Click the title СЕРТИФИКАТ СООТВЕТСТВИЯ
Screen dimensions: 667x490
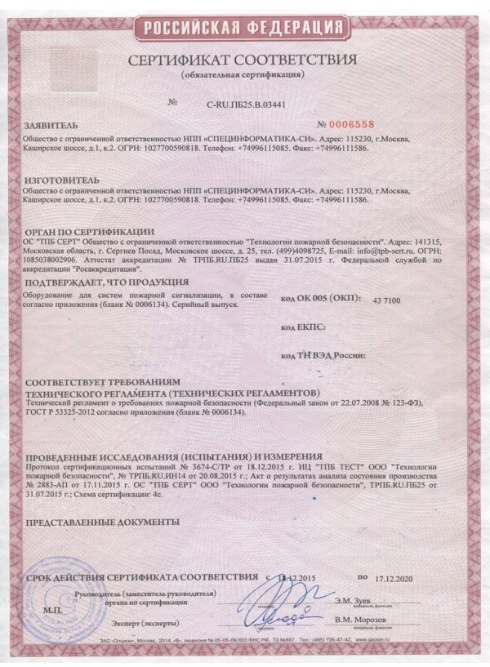[243, 61]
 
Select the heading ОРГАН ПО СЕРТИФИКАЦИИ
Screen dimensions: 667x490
[90, 231]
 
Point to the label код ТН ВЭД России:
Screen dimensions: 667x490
[323, 356]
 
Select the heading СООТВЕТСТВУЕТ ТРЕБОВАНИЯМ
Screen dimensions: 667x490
[101, 382]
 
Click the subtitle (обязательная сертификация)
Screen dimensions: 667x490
[243, 75]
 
